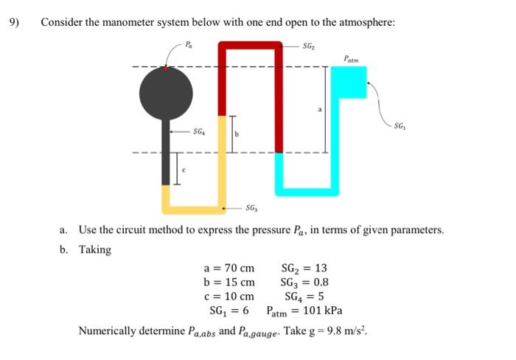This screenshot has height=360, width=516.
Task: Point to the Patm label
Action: [x=352, y=58]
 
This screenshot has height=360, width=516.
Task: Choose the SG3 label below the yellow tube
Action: [x=251, y=210]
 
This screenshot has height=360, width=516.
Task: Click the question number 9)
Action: [x=14, y=21]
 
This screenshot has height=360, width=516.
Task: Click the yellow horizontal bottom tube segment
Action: [x=194, y=200]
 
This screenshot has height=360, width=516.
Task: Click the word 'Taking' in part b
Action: [x=95, y=249]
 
